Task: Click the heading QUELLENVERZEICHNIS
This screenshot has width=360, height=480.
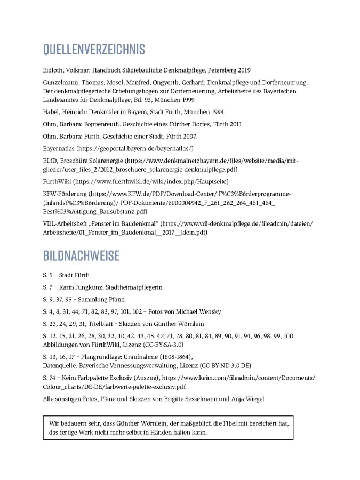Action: coord(94,50)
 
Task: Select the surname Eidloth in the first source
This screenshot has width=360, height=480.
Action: coord(53,70)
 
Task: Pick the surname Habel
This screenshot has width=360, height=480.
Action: coord(52,112)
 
